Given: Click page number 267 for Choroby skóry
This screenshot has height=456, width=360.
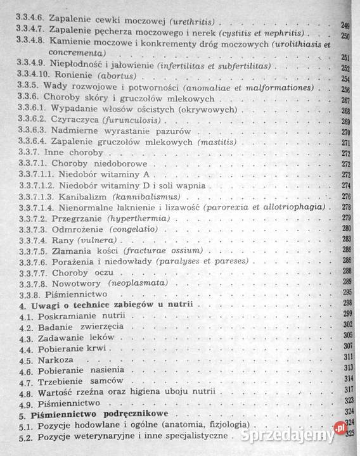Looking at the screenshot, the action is [x=346, y=101].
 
